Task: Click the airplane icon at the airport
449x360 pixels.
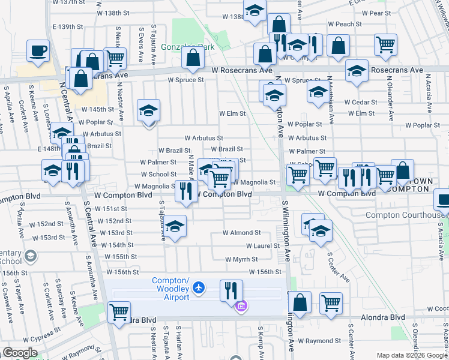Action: click(x=201, y=289)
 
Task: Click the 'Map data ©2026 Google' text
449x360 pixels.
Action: click(x=412, y=355)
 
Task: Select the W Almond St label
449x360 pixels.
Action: click(x=241, y=232)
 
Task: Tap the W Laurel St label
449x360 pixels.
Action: click(x=263, y=246)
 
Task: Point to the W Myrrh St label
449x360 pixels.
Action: click(x=241, y=259)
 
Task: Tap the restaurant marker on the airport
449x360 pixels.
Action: click(x=231, y=290)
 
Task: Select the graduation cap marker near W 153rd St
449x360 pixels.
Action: click(x=175, y=226)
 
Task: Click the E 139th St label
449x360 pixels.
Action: click(x=68, y=26)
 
